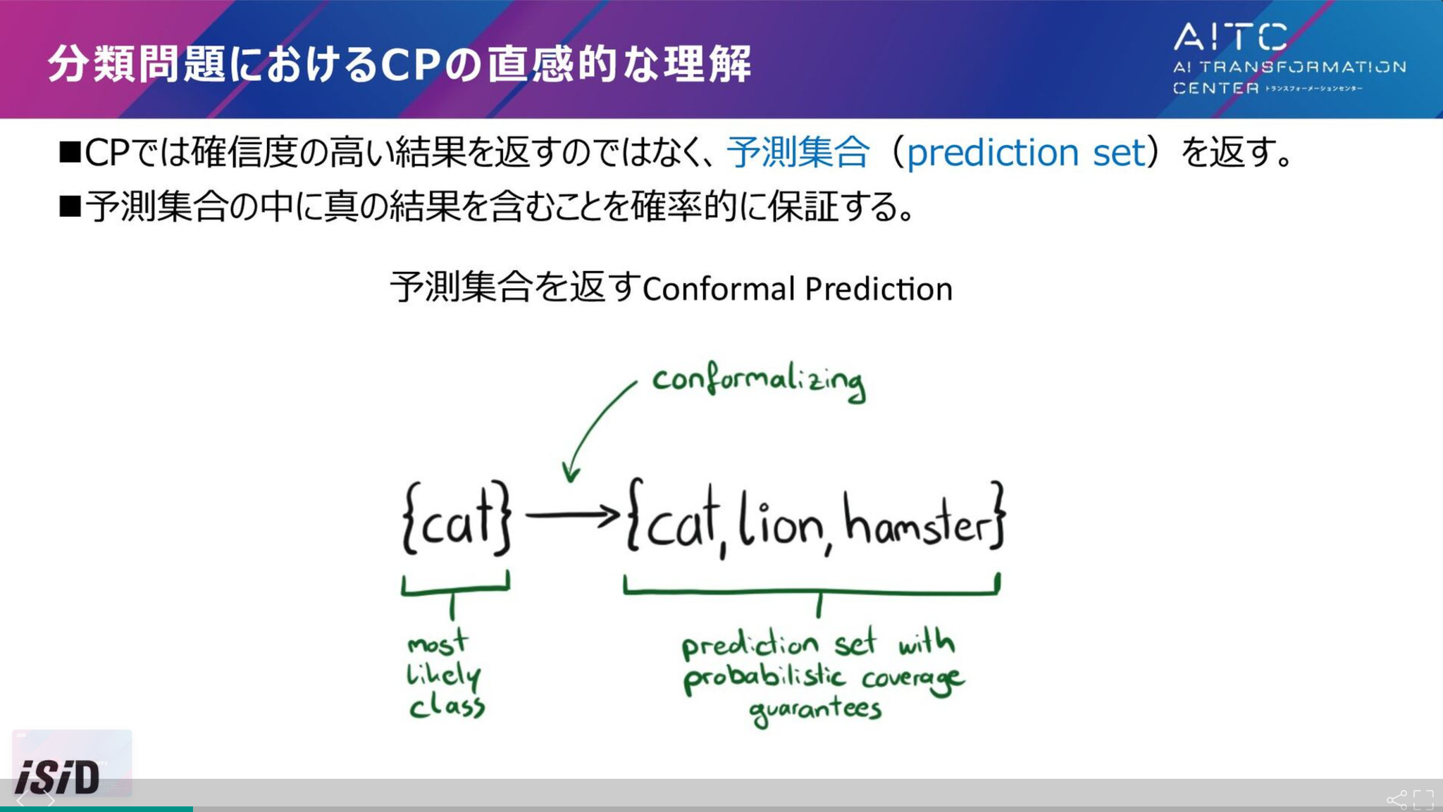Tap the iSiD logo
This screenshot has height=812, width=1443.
58,777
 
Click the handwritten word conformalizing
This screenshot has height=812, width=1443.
759,383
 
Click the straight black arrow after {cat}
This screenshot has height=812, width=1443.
572,516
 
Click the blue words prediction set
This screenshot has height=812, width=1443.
1026,152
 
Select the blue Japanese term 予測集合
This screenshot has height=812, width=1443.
798,151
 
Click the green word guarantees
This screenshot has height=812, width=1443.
815,710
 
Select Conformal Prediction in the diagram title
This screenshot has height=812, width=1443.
798,289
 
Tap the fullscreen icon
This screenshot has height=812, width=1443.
1424,800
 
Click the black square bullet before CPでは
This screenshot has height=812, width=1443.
70,152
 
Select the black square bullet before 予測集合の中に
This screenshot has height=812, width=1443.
70,206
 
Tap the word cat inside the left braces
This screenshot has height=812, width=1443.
457,520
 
